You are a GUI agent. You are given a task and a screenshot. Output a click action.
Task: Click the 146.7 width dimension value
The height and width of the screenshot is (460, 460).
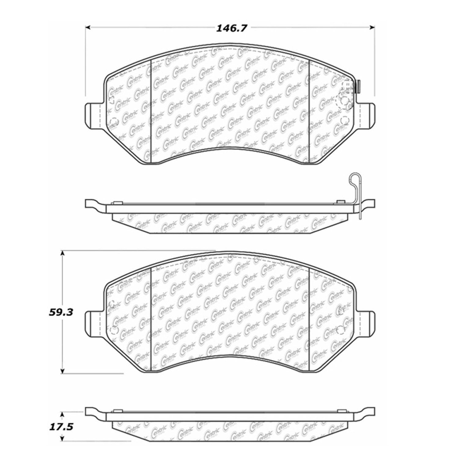[x=231, y=28]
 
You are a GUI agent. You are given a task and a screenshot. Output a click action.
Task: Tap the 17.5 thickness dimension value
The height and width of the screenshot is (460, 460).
[x=61, y=426]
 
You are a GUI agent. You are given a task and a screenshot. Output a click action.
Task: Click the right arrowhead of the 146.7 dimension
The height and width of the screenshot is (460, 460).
[x=372, y=28]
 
